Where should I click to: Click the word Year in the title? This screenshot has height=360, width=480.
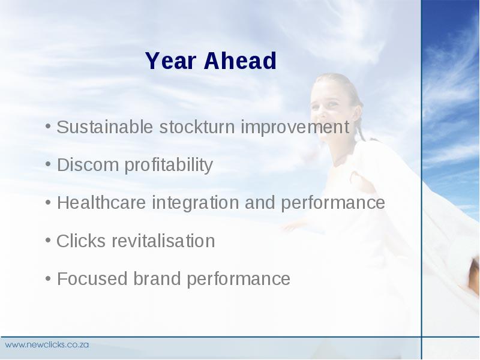pyautogui.click(x=170, y=61)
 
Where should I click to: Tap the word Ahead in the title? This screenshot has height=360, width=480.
pyautogui.click(x=241, y=61)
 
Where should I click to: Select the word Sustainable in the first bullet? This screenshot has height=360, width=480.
pyautogui.click(x=104, y=127)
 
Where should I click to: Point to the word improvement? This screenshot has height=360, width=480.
pyautogui.click(x=295, y=127)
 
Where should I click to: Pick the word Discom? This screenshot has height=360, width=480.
pyautogui.click(x=88, y=164)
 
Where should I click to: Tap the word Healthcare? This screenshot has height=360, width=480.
pyautogui.click(x=101, y=202)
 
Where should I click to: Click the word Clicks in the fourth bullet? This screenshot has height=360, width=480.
pyautogui.click(x=81, y=241)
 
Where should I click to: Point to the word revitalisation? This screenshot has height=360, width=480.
pyautogui.click(x=163, y=241)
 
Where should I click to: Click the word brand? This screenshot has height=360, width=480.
pyautogui.click(x=157, y=278)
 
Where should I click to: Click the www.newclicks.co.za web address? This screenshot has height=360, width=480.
pyautogui.click(x=47, y=344)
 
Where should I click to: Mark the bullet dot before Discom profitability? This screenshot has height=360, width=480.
pyautogui.click(x=48, y=164)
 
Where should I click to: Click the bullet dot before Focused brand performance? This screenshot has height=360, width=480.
pyautogui.click(x=48, y=278)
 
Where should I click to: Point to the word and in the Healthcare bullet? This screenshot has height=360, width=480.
pyautogui.click(x=260, y=202)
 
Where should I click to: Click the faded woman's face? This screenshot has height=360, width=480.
pyautogui.click(x=332, y=107)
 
